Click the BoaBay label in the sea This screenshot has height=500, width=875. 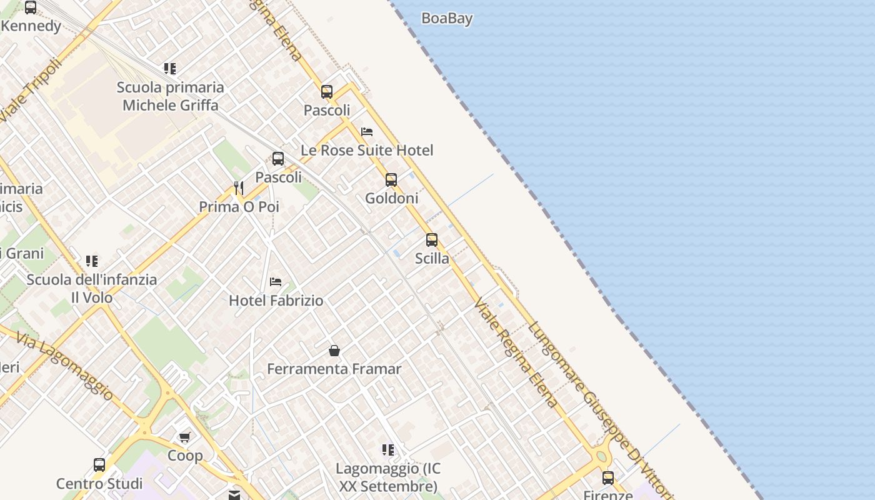point(447,19)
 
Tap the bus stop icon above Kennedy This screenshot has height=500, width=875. point(31,7)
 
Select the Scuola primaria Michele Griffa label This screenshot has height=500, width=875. point(170,96)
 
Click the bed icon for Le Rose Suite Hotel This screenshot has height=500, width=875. point(367,132)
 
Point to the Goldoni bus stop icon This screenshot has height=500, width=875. point(391,180)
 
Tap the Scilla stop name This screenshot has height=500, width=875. point(432,258)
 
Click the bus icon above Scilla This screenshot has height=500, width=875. point(432,240)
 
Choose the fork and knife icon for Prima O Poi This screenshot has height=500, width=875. point(238,187)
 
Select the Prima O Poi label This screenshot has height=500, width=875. point(239,207)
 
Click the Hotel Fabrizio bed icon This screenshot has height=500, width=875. point(276,282)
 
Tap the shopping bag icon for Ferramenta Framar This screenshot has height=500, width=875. point(334,351)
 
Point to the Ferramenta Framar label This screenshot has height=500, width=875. point(334,369)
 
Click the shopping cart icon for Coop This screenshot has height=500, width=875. point(184,437)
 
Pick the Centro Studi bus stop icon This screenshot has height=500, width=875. point(99,465)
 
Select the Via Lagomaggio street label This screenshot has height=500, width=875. point(65,366)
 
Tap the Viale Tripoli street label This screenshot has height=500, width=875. point(32,91)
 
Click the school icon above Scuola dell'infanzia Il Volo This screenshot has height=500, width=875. point(92,261)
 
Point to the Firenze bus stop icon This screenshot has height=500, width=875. point(608,478)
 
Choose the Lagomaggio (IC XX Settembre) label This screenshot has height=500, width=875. point(387,477)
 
